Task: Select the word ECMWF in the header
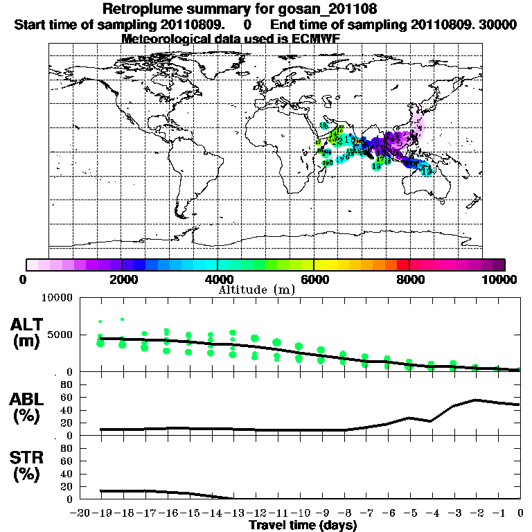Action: coord(314,39)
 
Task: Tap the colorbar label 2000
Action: coord(121,279)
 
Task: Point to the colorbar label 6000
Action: coord(313,279)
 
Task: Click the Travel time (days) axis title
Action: coord(303,526)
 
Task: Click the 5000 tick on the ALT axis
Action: coord(62,335)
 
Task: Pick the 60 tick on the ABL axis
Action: coord(68,397)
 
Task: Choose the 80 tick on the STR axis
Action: coord(68,448)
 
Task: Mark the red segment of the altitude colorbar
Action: coord(402,265)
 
